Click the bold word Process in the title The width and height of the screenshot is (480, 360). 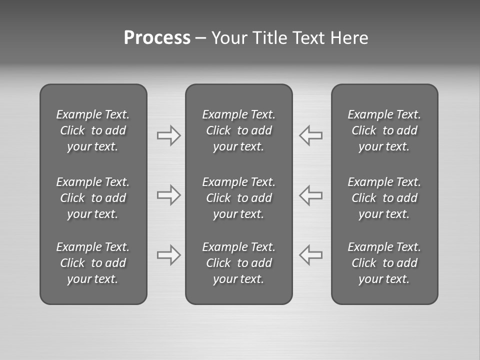157,38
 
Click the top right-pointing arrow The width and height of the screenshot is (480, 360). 168,135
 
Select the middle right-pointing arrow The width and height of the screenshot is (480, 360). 168,195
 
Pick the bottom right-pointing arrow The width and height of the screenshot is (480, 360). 168,255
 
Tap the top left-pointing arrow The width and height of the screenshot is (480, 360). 311,135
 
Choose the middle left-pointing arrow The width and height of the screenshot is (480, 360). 311,195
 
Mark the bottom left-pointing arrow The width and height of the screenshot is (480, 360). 311,255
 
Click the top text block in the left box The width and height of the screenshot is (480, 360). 93,130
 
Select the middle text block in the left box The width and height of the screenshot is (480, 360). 93,198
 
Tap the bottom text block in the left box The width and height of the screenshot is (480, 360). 93,263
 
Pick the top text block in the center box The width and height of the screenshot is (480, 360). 238,130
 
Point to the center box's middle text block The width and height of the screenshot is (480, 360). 238,198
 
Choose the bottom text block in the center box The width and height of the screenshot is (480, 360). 238,263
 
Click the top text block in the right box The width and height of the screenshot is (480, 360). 384,130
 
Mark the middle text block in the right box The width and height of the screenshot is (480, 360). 384,198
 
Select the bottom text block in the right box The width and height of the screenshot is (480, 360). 384,263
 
